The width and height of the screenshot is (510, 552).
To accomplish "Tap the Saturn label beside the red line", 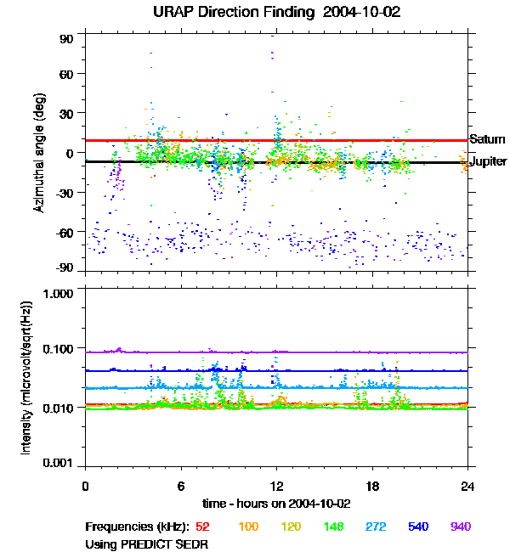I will (x=487, y=139).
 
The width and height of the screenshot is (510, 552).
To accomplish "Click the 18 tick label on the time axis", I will (x=372, y=486).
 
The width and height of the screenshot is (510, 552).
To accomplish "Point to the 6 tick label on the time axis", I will (x=181, y=486).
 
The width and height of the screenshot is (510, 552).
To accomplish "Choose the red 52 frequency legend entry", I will (x=202, y=527).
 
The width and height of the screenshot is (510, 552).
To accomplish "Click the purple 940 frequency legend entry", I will (x=460, y=527).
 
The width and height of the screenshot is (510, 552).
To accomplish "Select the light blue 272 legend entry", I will (x=375, y=527).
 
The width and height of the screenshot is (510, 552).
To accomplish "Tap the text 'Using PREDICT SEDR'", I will (x=146, y=543).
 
